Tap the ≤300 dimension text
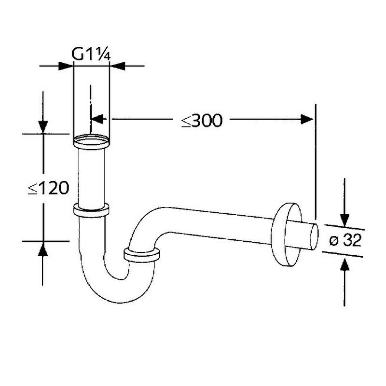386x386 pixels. (202, 121)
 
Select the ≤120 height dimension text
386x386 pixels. (48, 188)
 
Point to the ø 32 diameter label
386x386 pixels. (345, 240)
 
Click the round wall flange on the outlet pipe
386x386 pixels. (286, 234)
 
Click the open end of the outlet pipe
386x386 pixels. (314, 237)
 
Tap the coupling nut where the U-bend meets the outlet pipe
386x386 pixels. (141, 256)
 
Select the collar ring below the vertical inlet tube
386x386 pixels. (91, 210)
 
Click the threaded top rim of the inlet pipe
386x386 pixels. (91, 141)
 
